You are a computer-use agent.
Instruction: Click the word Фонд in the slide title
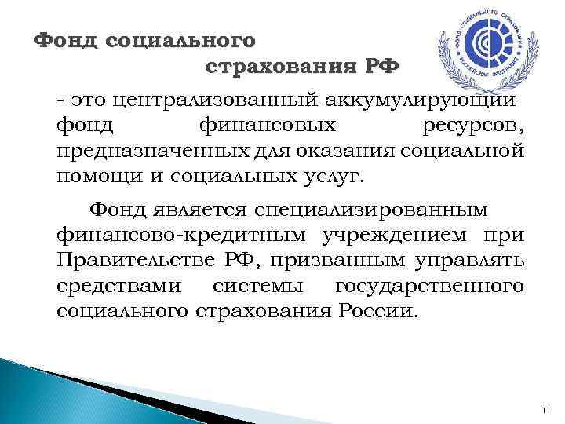[x=65, y=39]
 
